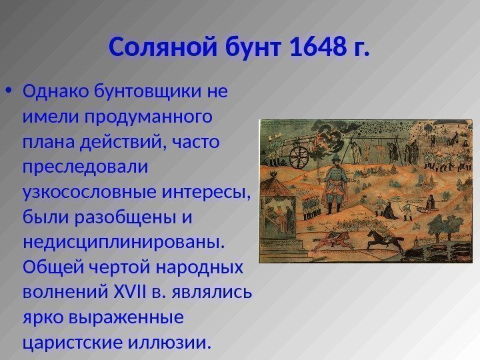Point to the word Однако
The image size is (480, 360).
tap(56, 91)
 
